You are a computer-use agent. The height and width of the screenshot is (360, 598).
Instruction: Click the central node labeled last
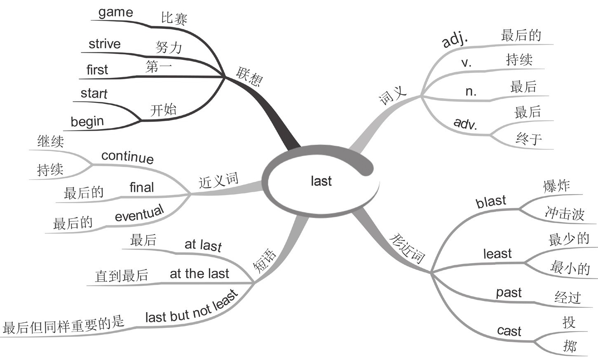coord(321,181)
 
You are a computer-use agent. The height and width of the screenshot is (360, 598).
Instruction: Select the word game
coord(115,12)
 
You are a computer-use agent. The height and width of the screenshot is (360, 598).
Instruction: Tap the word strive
coord(105,44)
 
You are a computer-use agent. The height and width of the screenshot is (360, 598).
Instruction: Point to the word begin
coord(87,122)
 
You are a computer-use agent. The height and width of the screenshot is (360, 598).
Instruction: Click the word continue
coord(127,156)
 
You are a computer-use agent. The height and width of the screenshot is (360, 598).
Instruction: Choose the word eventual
coord(139,213)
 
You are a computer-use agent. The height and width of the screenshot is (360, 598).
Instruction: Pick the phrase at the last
coord(199,273)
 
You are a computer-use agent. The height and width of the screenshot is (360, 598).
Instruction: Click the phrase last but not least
coord(192,307)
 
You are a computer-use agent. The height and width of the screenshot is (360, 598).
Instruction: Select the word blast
coord(490,202)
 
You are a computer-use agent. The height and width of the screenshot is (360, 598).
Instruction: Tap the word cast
coord(509,331)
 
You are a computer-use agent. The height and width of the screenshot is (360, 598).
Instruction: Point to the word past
coord(509,293)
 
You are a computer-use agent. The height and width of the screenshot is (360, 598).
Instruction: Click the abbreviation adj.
coord(455,40)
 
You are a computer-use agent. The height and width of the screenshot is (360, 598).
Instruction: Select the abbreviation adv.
coord(465,123)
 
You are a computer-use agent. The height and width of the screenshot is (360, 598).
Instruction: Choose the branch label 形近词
coord(407,248)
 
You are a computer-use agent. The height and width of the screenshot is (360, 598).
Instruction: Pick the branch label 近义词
coord(218,181)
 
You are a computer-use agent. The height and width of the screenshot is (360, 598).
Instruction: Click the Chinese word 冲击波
coord(564,213)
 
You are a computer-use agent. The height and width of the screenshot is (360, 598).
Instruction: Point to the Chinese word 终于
coord(529,139)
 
